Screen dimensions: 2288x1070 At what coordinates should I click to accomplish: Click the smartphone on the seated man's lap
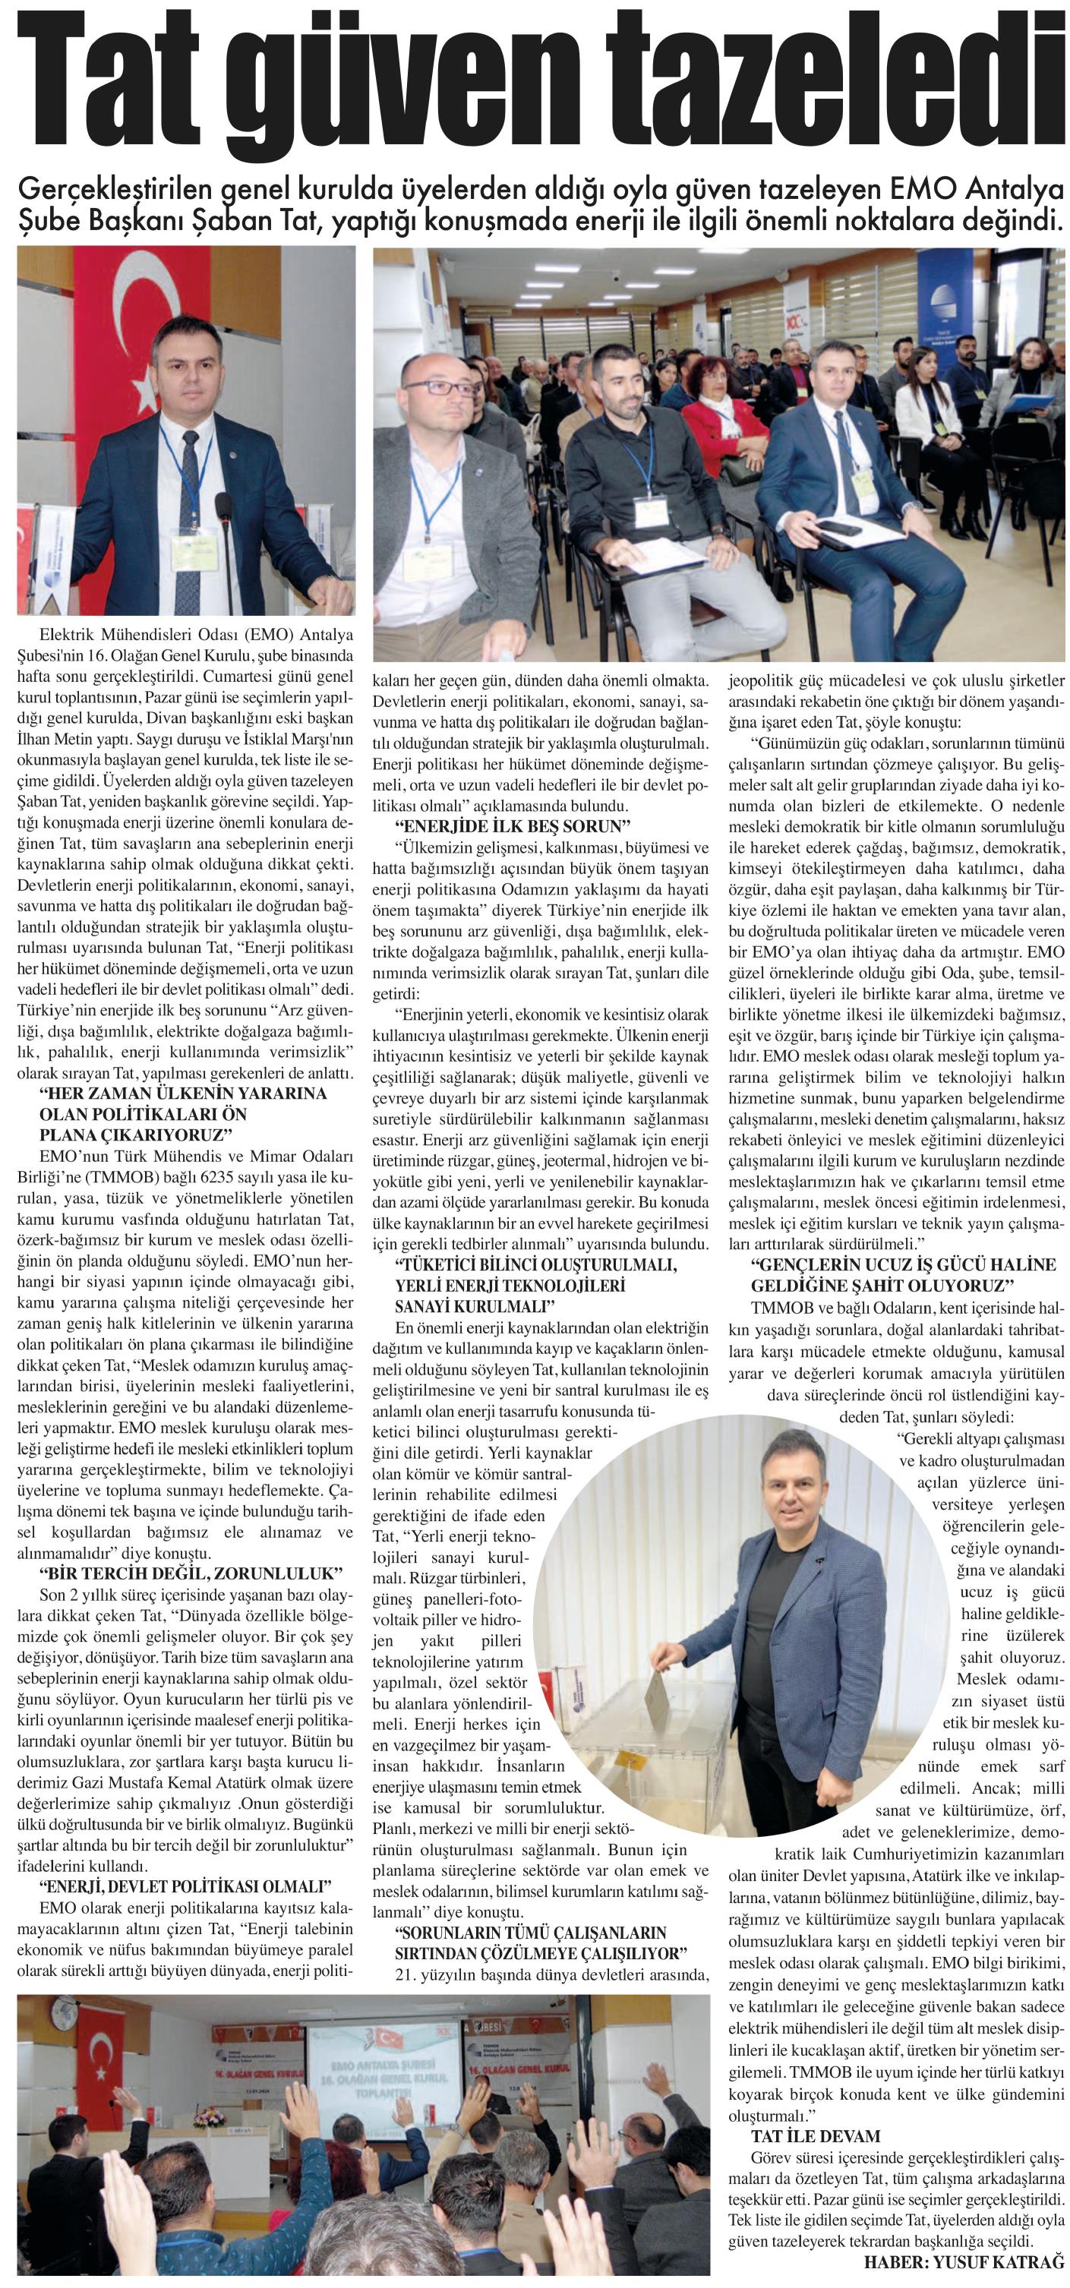pyautogui.click(x=841, y=527)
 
